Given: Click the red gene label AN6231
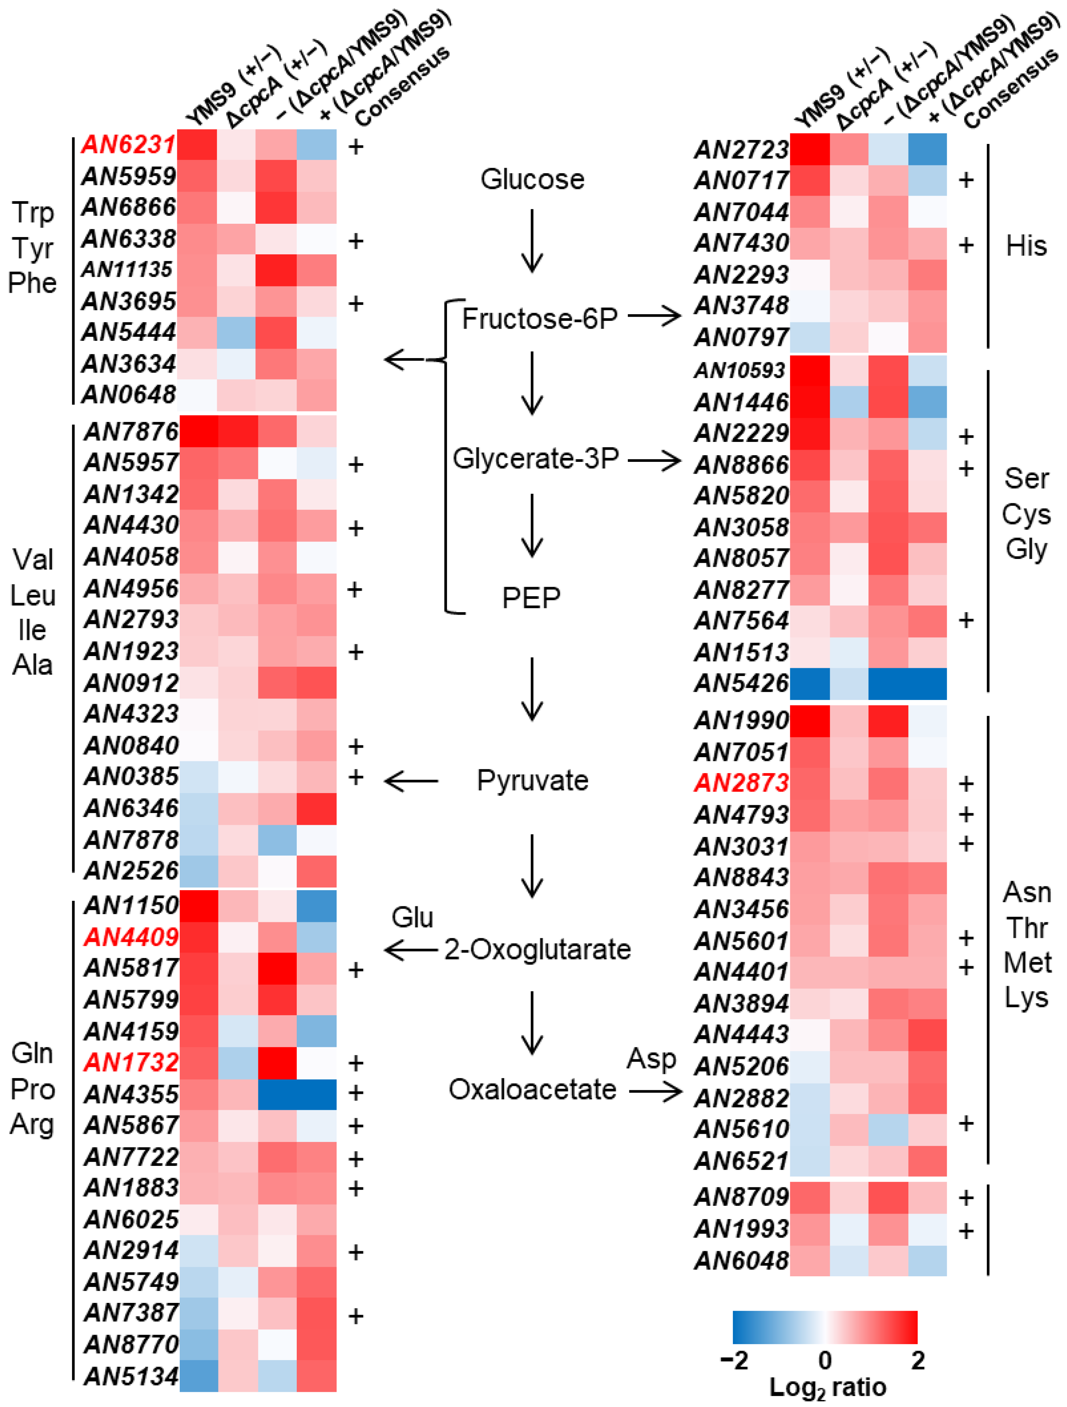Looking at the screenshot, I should pos(128,145).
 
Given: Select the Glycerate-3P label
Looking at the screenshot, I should pos(536,458).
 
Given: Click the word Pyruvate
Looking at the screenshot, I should pos(532,780).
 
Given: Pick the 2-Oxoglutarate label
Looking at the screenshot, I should pos(537,950).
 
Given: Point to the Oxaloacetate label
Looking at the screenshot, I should pos(532,1089).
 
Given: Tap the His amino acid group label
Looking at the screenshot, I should pos(1026,246).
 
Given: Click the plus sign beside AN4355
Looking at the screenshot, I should pos(355,1093).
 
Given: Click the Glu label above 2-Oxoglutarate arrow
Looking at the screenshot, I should pos(412,917).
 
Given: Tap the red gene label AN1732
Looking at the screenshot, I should pos(130,1062).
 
